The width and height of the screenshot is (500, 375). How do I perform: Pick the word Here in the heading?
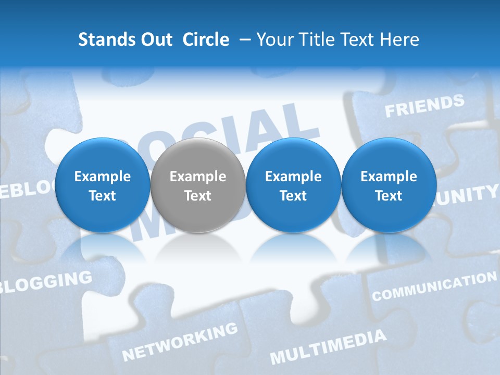pos(399,40)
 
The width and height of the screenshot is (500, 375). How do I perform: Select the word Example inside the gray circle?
pos(198,177)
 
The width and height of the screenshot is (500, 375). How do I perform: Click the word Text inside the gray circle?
pos(198,196)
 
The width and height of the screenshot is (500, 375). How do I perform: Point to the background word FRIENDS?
pos(424,106)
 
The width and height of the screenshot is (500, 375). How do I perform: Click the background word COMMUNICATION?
pos(434,286)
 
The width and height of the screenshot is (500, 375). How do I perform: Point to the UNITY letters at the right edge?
pos(469,195)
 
